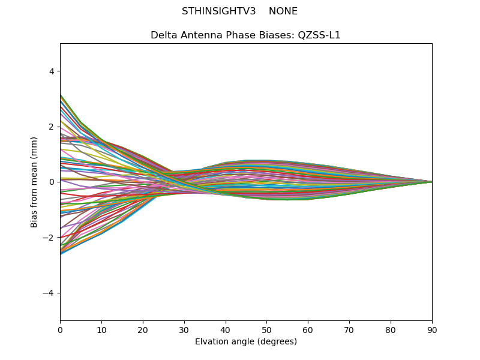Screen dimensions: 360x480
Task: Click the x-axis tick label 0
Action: pyautogui.click(x=60, y=329)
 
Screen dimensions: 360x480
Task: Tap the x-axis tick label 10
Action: pyautogui.click(x=101, y=329)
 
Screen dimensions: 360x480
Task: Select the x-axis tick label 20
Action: pyautogui.click(x=143, y=329)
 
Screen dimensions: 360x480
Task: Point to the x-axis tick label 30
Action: pyautogui.click(x=184, y=329)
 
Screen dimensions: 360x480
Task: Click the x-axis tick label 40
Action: pyautogui.click(x=226, y=329)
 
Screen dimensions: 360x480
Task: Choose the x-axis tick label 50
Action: pyautogui.click(x=266, y=329)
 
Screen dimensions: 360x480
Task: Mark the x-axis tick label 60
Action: pyautogui.click(x=308, y=329)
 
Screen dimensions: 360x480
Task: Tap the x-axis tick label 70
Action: pyautogui.click(x=349, y=329)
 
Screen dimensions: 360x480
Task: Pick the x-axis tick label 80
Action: pyautogui.click(x=391, y=329)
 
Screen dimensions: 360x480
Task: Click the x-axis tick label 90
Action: pyautogui.click(x=432, y=329)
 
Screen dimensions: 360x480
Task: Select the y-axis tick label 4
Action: pyautogui.click(x=52, y=71)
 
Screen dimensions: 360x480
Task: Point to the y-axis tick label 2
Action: pyautogui.click(x=52, y=127)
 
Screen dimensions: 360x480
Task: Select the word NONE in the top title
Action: pyautogui.click(x=283, y=11)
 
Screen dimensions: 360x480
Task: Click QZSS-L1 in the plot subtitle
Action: pyautogui.click(x=319, y=35)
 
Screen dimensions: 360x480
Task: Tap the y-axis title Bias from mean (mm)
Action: pyautogui.click(x=34, y=182)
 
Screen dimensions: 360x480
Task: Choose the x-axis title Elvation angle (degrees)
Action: pyautogui.click(x=246, y=342)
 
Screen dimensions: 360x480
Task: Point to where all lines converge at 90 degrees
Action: pyautogui.click(x=431, y=182)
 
